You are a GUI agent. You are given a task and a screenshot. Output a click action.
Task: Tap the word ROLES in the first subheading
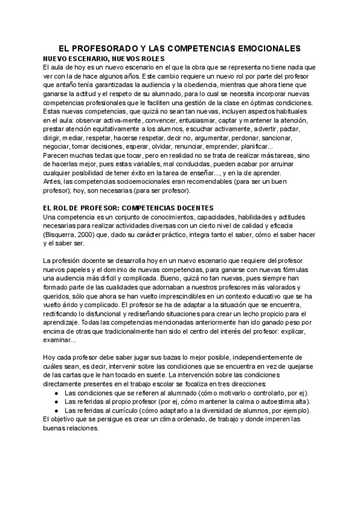click(141, 59)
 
